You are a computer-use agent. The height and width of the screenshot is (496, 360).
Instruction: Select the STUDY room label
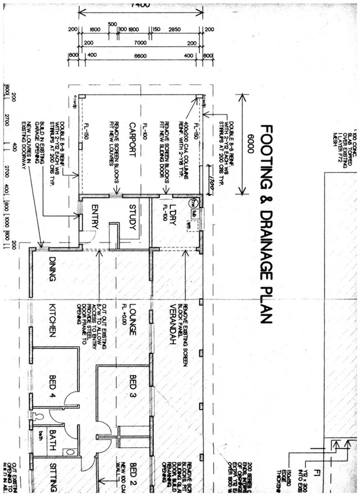point(132,216)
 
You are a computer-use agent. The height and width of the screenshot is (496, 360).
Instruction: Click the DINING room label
point(52,269)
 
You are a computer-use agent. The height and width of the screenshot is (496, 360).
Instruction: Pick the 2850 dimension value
point(175,30)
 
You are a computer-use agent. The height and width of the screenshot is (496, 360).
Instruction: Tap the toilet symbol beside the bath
point(38,416)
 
